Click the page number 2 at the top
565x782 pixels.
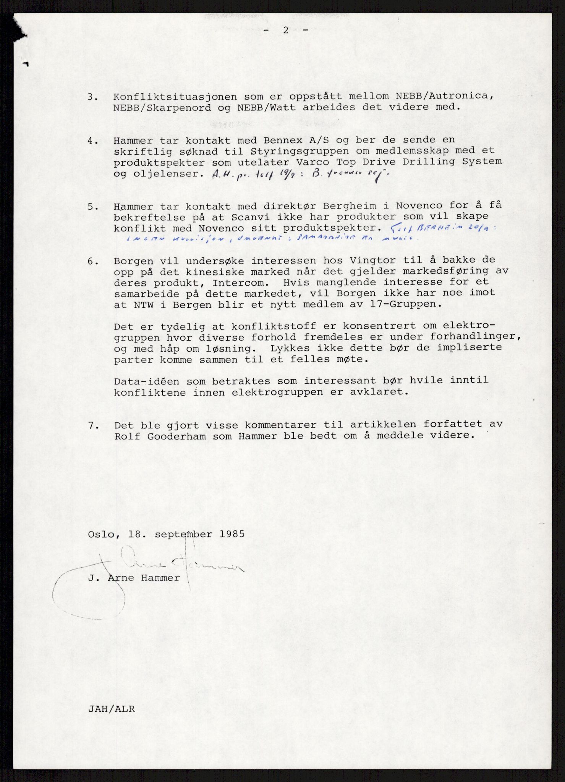[285, 31]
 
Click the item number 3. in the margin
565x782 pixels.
[93, 97]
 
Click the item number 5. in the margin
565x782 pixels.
[93, 207]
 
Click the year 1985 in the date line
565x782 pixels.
[232, 534]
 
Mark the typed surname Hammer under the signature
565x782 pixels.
[160, 578]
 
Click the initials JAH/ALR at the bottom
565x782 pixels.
[111, 709]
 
